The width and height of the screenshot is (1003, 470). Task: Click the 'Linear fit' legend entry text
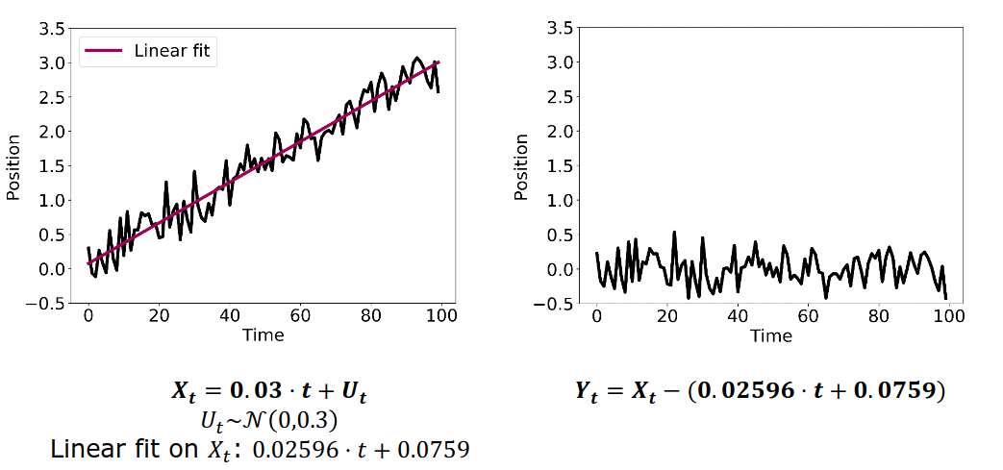[172, 50]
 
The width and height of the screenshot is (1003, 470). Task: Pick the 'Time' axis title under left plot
[263, 335]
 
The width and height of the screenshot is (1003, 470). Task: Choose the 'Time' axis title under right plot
[771, 335]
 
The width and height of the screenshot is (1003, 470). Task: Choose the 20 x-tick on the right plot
[667, 315]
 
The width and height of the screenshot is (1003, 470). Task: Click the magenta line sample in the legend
[105, 50]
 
